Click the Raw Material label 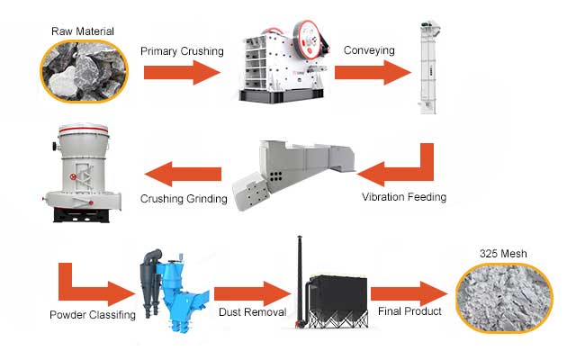pos(82,31)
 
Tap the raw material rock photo pos(82,71)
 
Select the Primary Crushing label pos(182,51)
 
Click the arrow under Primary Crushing pos(180,73)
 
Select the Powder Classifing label pos(92,314)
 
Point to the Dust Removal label pos(251,312)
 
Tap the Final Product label pos(409,311)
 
